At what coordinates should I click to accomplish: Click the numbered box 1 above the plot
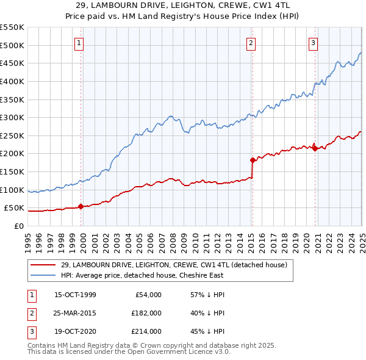80,43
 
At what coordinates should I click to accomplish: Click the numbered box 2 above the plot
251,43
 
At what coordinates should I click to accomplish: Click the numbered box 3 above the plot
313,43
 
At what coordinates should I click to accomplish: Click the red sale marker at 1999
81,206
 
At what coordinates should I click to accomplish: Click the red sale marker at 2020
315,148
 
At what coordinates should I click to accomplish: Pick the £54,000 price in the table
148,295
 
